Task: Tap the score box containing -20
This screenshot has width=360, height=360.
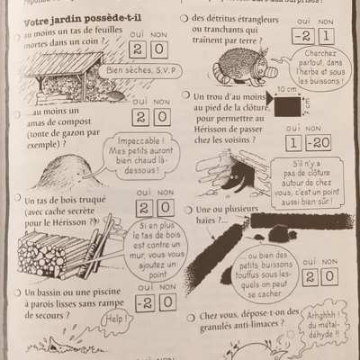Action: point(316,144)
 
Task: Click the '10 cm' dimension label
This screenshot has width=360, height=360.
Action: point(287,90)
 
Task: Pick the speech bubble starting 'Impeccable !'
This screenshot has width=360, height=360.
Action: point(141,152)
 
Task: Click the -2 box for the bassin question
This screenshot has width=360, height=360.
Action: point(143,302)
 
